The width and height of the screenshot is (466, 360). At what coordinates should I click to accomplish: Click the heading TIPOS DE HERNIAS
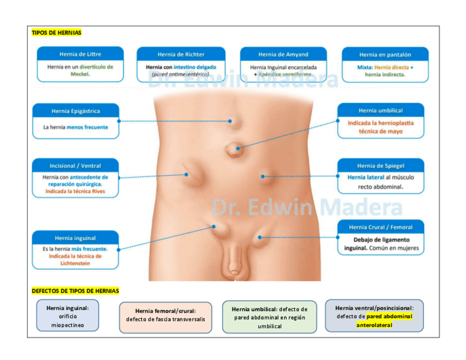point(57,33)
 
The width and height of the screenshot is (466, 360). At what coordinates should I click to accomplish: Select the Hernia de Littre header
point(80,54)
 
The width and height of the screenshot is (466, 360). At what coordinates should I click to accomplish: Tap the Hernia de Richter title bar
point(181,54)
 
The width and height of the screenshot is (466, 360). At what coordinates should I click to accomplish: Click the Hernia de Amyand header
point(283,54)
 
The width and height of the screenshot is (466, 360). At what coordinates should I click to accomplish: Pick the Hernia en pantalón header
point(385,55)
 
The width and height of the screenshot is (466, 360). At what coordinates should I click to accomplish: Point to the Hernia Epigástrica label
point(76,111)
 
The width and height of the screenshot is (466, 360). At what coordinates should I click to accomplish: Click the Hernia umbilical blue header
point(380,110)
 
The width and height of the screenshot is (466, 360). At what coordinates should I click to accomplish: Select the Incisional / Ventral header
point(75,165)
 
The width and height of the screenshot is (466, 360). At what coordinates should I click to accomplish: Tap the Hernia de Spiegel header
point(380,166)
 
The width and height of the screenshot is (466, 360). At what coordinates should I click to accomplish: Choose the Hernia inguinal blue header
point(75,238)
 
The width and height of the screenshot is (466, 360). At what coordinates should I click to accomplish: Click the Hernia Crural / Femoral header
point(380,227)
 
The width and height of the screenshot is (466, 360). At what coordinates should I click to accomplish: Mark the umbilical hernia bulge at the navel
point(236,147)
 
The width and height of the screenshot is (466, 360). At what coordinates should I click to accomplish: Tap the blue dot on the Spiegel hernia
point(263,176)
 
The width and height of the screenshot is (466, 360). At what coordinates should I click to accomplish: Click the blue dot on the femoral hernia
point(260,237)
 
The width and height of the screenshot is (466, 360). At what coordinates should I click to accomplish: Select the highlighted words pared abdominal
point(389,317)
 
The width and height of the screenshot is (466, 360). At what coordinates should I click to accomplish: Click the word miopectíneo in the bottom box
point(68,325)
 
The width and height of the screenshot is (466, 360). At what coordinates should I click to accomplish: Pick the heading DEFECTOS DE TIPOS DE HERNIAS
point(75,291)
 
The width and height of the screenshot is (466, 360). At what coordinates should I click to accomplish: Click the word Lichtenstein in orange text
point(75,263)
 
